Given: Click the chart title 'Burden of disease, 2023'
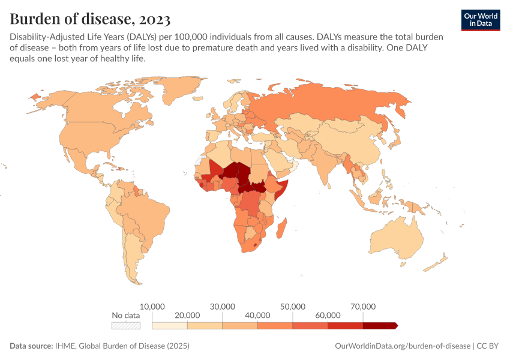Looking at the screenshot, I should click(x=89, y=16).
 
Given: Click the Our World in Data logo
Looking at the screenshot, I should click(x=480, y=20).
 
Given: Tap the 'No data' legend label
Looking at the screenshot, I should click(x=125, y=315).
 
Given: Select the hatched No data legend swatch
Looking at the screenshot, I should click(x=125, y=325).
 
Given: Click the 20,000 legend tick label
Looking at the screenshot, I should click(x=187, y=315).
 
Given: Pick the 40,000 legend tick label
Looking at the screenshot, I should click(x=257, y=315).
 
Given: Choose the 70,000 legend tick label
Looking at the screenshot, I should click(x=363, y=306).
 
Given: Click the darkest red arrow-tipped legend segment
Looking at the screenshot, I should click(x=379, y=325).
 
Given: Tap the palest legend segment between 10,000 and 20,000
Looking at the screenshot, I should click(x=170, y=325).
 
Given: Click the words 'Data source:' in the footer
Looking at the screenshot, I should click(x=31, y=346).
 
